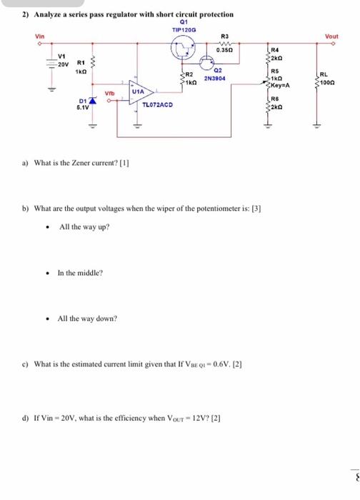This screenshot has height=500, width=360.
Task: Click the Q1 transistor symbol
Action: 186,51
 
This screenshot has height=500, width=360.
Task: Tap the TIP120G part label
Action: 185,29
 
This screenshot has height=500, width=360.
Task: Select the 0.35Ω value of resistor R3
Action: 225,51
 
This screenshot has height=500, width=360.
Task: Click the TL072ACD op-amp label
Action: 157,105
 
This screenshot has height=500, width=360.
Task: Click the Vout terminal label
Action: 332,36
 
